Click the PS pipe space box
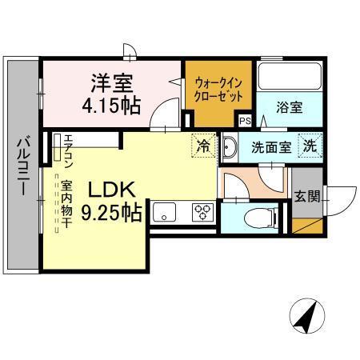[245, 121]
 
